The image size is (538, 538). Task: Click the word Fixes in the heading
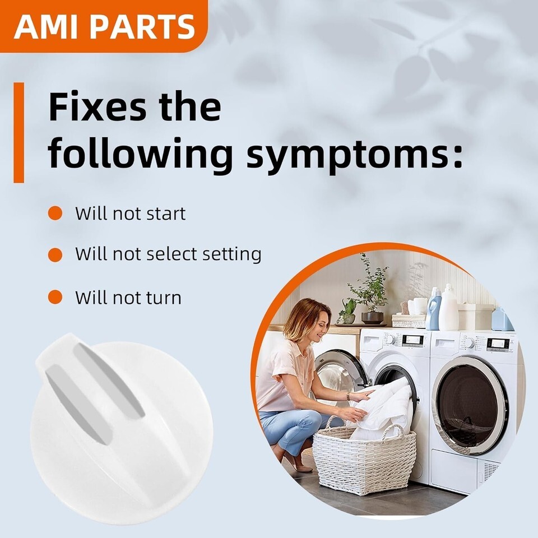98,106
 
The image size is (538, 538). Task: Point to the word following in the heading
141,153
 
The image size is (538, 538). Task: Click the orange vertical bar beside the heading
19,132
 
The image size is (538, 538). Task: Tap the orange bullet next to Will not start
55,214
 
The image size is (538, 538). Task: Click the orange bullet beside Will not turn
55,297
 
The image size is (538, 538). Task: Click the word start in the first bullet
166,214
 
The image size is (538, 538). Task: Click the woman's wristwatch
348,396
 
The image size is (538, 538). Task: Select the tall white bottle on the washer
449,307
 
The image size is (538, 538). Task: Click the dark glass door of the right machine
470,405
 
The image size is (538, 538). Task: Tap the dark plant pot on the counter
372,317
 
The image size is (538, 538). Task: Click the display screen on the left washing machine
412,340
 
